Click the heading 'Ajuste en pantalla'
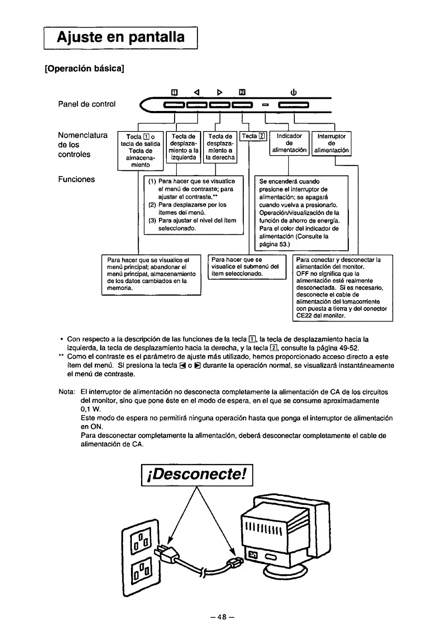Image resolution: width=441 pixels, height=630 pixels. click(x=121, y=37)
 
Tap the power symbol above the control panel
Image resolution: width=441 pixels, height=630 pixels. click(x=293, y=92)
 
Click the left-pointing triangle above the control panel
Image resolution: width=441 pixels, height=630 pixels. click(x=196, y=92)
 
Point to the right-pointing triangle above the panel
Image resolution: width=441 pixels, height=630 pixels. click(x=220, y=92)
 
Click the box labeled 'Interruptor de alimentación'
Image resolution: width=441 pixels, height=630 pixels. click(x=331, y=143)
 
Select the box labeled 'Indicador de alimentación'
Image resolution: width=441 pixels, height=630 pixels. click(x=289, y=143)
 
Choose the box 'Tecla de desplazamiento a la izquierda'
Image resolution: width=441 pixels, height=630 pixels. click(x=183, y=147)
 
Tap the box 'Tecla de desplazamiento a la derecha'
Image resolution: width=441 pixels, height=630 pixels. click(x=220, y=147)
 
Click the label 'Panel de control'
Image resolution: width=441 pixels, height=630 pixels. click(x=87, y=104)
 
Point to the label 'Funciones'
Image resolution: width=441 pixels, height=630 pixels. click(x=76, y=180)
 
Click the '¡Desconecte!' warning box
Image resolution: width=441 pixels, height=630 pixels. click(x=197, y=474)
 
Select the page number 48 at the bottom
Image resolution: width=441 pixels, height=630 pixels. click(x=220, y=617)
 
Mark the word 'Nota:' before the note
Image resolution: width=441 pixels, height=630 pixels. click(x=67, y=392)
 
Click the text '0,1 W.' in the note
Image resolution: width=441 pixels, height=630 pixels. click(x=91, y=409)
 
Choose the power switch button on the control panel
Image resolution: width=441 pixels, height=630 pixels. click(x=293, y=105)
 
